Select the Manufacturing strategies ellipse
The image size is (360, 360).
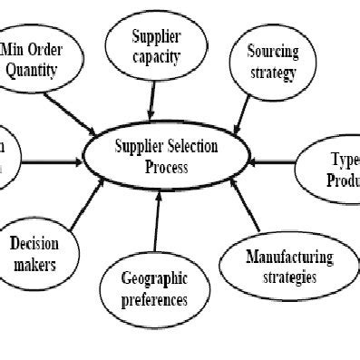[277, 267]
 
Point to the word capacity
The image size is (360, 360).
[156, 58]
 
